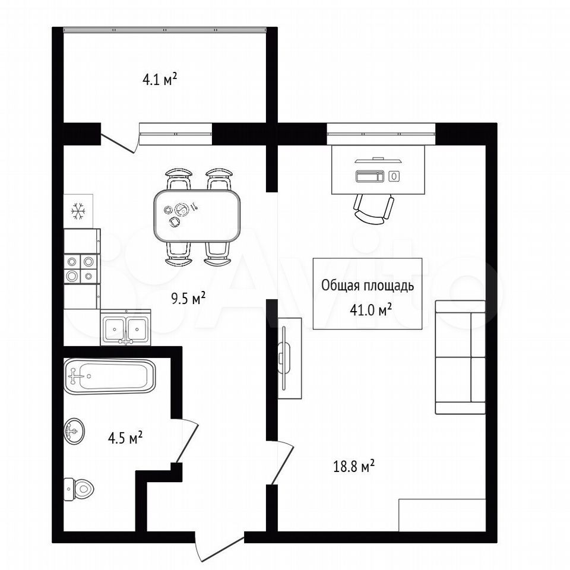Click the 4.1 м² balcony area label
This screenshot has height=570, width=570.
(x=160, y=79)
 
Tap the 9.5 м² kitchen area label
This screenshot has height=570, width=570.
(x=188, y=299)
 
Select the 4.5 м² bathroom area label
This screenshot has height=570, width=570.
(x=125, y=438)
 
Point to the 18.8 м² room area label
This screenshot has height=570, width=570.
(x=354, y=466)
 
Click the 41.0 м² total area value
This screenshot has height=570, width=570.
(x=370, y=310)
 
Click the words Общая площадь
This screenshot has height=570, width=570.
(x=367, y=286)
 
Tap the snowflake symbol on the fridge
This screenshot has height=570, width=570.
(x=78, y=211)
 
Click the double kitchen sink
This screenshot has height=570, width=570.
(x=125, y=328)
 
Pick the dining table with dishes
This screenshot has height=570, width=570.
(x=197, y=216)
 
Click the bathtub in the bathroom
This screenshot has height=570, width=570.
(x=109, y=376)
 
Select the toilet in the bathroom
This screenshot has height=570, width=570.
(x=78, y=489)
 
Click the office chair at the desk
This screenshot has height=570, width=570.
(x=373, y=208)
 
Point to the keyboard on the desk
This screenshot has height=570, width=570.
(x=370, y=176)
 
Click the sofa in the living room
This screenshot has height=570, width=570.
(x=460, y=357)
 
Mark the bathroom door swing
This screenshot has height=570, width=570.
(x=188, y=441)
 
